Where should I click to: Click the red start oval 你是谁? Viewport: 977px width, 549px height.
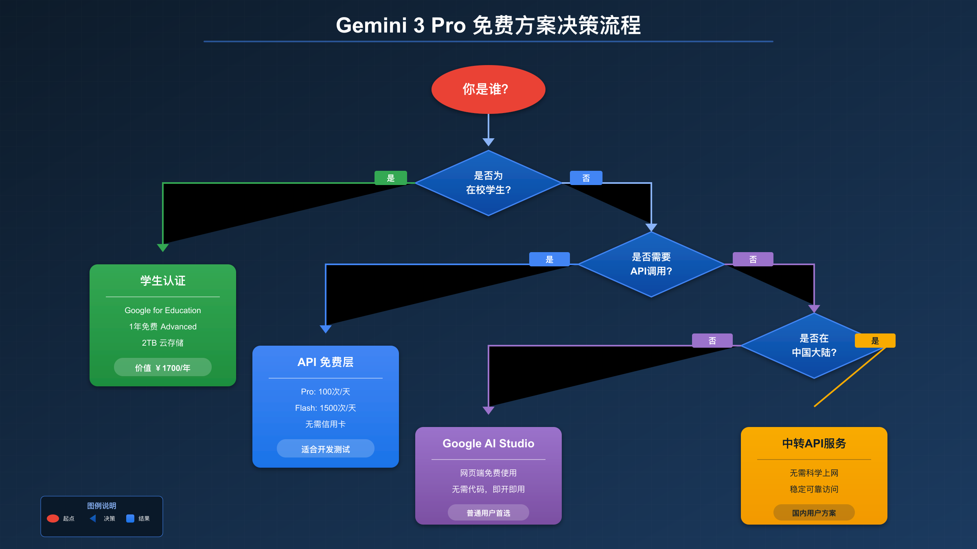pos(488,89)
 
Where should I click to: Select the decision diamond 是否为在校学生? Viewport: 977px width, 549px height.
pos(488,183)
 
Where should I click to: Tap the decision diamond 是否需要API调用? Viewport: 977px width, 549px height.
pos(651,264)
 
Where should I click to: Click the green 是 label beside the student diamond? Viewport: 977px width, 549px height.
pos(390,178)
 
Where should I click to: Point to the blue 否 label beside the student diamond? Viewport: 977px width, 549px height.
pos(586,178)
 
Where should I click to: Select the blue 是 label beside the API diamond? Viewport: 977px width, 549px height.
pos(549,259)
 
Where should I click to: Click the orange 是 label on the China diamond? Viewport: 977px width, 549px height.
pos(875,341)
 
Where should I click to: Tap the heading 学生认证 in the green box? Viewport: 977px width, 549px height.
pos(163,281)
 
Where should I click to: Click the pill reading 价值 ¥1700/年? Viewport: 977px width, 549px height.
pos(163,368)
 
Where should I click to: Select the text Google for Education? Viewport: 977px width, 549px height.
pos(163,310)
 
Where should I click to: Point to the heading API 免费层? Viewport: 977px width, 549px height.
pos(326,362)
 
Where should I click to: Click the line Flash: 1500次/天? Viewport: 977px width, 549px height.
pos(326,408)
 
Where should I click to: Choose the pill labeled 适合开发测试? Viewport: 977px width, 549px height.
pos(326,449)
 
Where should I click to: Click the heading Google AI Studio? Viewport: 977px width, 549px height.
pos(488,443)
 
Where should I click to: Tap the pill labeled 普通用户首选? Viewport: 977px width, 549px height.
pos(488,513)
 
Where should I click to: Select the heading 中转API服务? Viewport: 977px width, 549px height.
pos(814,443)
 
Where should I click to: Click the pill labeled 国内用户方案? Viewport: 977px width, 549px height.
pos(814,513)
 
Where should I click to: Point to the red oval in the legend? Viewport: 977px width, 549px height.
pos(53,518)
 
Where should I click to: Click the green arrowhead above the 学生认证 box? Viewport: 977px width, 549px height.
pos(163,247)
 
